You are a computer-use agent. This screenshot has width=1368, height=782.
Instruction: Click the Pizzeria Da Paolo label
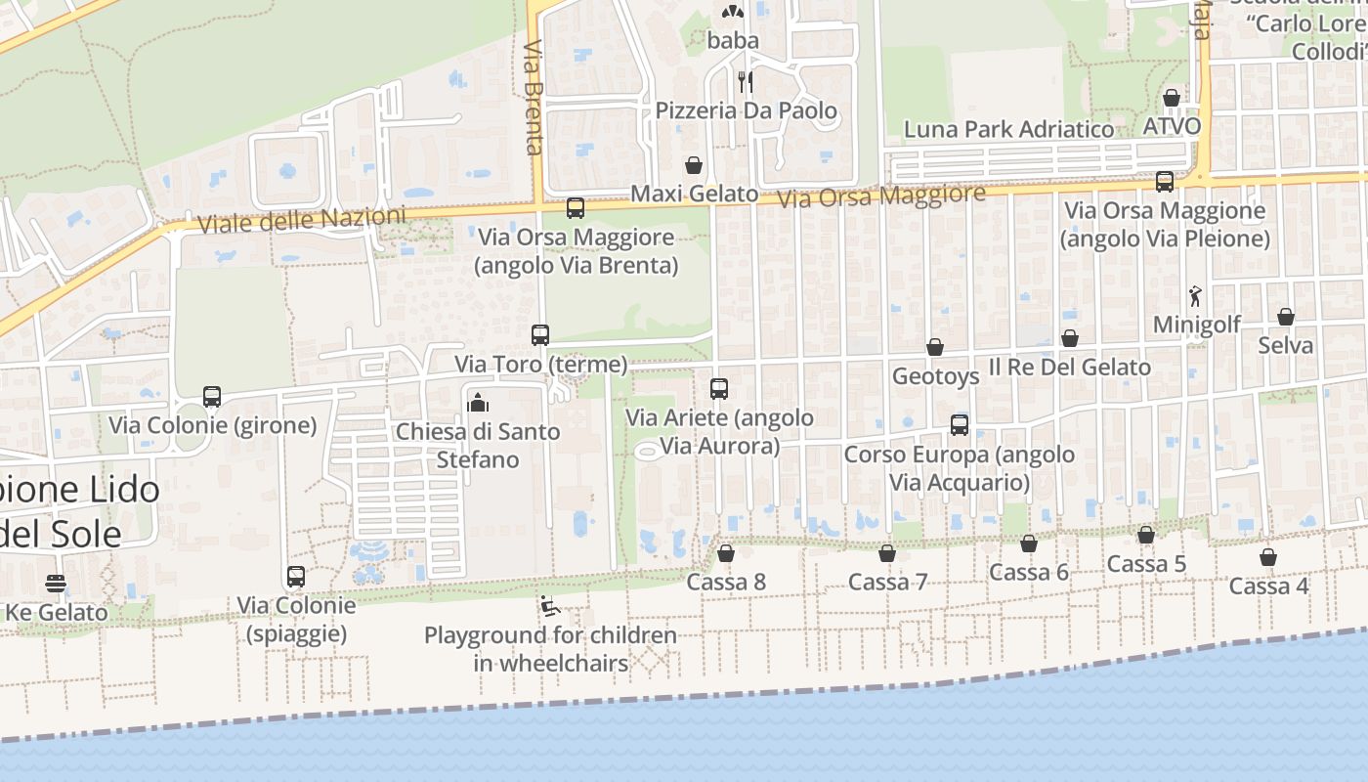pyautogui.click(x=747, y=110)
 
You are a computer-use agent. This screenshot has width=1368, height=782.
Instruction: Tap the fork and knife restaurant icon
pyautogui.click(x=746, y=81)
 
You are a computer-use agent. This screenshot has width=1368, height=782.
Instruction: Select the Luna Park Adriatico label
pyautogui.click(x=1008, y=129)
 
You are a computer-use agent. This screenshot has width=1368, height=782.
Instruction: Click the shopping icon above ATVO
pyautogui.click(x=1171, y=98)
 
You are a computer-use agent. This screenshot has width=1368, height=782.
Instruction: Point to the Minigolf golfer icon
pyautogui.click(x=1195, y=296)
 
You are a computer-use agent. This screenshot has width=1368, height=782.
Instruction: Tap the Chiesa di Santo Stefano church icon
pyautogui.click(x=478, y=402)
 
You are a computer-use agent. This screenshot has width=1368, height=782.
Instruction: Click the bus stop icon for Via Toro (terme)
pyautogui.click(x=540, y=335)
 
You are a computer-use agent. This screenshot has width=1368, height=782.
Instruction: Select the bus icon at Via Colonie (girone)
pyautogui.click(x=212, y=397)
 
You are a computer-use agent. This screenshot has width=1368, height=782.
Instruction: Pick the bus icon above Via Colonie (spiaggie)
pyautogui.click(x=296, y=577)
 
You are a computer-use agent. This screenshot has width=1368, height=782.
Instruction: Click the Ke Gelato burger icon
pyautogui.click(x=56, y=585)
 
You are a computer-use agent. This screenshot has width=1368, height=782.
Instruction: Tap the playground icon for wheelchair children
pyautogui.click(x=550, y=607)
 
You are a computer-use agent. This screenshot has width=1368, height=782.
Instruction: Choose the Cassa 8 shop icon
pyautogui.click(x=726, y=554)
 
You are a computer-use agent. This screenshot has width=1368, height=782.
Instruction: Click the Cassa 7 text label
pyautogui.click(x=887, y=583)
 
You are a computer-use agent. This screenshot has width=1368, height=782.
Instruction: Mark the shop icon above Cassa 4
pyautogui.click(x=1267, y=557)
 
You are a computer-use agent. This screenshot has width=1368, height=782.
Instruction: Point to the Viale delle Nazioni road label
pyautogui.click(x=301, y=220)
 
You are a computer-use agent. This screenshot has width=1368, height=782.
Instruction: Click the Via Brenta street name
pyautogui.click(x=533, y=97)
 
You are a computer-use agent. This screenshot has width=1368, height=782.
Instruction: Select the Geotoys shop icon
pyautogui.click(x=935, y=347)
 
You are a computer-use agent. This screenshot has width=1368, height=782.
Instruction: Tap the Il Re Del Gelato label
pyautogui.click(x=1070, y=368)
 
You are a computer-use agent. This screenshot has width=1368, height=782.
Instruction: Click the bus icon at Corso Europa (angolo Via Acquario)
pyautogui.click(x=960, y=425)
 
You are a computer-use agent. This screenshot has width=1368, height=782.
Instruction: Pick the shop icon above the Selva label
pyautogui.click(x=1286, y=317)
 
